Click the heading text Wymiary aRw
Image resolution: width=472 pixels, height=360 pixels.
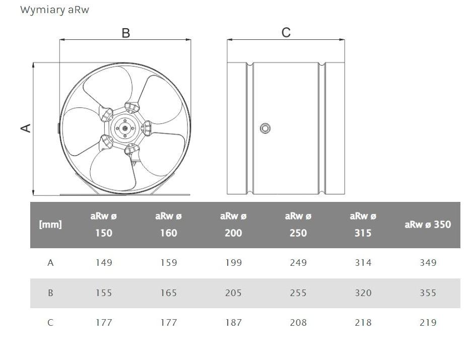(x=54, y=10)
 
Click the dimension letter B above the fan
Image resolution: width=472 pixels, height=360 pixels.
(x=126, y=33)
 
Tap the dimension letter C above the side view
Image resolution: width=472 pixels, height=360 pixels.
(x=286, y=33)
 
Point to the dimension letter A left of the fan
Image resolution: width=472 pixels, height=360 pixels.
(x=26, y=128)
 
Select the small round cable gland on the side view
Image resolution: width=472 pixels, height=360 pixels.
(x=265, y=128)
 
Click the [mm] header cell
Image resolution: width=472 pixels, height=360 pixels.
(x=50, y=225)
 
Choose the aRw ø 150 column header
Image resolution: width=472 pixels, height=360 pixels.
(x=104, y=225)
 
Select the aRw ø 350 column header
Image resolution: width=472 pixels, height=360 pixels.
(x=428, y=225)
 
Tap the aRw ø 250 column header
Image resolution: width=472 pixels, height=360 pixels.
(x=298, y=225)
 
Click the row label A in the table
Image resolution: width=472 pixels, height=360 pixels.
(x=50, y=263)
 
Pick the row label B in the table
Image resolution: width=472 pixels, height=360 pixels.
(x=50, y=293)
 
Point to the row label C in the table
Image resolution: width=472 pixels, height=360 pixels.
(x=50, y=323)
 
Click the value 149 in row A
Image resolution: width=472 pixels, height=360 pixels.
(x=104, y=263)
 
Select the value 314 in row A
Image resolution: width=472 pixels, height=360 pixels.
(x=363, y=263)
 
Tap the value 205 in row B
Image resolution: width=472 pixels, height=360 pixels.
(x=233, y=293)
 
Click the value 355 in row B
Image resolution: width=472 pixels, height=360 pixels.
(x=428, y=293)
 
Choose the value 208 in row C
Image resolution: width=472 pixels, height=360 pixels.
(x=298, y=323)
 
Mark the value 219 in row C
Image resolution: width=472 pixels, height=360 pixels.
(x=428, y=323)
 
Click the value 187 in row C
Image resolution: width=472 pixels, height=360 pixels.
(x=233, y=323)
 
